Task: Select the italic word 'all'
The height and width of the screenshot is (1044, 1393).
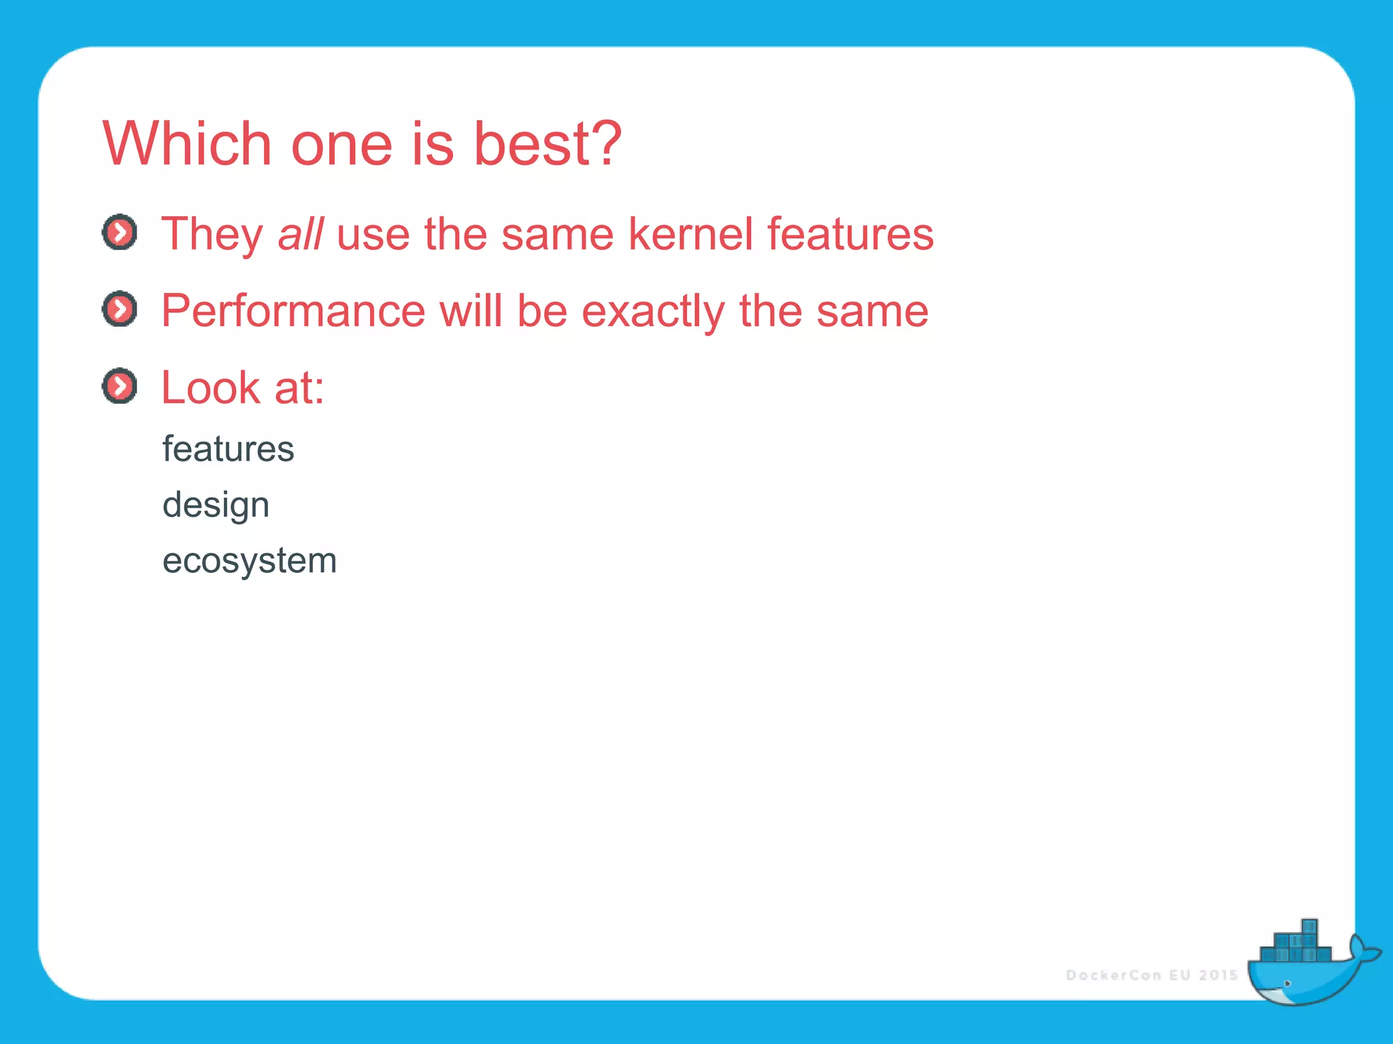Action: click(x=300, y=234)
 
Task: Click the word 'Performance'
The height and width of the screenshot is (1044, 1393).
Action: click(x=292, y=311)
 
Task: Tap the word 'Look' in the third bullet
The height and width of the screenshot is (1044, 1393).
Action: click(x=210, y=388)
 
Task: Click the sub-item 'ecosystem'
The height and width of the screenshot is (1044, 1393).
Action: click(x=250, y=561)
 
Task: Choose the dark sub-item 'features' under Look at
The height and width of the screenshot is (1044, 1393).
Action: click(x=228, y=449)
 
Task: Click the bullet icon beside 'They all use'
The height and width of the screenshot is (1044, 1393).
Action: click(x=120, y=232)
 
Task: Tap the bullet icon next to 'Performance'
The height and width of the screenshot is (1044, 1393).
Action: click(x=120, y=309)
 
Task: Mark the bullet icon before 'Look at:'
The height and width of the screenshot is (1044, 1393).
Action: click(x=120, y=386)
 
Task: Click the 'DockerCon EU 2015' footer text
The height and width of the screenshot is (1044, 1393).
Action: click(x=1151, y=975)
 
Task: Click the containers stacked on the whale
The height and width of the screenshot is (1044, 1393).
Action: click(x=1296, y=945)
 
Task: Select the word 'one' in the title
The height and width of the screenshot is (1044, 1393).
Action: click(x=341, y=145)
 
